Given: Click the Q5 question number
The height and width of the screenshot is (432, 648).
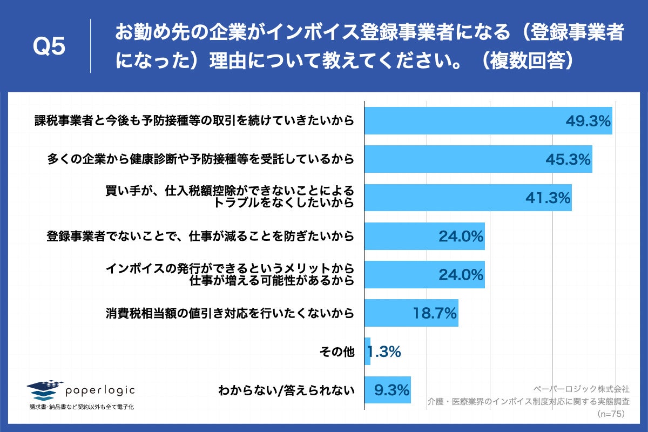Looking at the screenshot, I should point(49,48).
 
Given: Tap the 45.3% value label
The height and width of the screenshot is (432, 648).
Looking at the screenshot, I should point(568,160).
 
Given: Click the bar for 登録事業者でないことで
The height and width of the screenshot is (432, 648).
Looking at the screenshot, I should point(424,237).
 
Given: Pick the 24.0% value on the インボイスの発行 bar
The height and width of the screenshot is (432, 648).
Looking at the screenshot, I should point(460,275).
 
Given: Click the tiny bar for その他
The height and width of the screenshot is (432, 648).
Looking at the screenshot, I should point(368,352).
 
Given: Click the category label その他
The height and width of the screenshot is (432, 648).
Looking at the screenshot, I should point(339,352).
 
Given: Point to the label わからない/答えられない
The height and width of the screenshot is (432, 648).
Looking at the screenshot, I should point(286,390).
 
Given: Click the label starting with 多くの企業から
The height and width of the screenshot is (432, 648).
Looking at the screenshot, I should point(200,159).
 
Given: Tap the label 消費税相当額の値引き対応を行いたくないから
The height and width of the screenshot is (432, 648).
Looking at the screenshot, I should point(230,313).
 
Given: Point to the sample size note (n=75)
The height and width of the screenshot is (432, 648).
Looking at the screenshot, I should point(613,414).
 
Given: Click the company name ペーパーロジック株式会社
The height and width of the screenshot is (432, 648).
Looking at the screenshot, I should point(581,388).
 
